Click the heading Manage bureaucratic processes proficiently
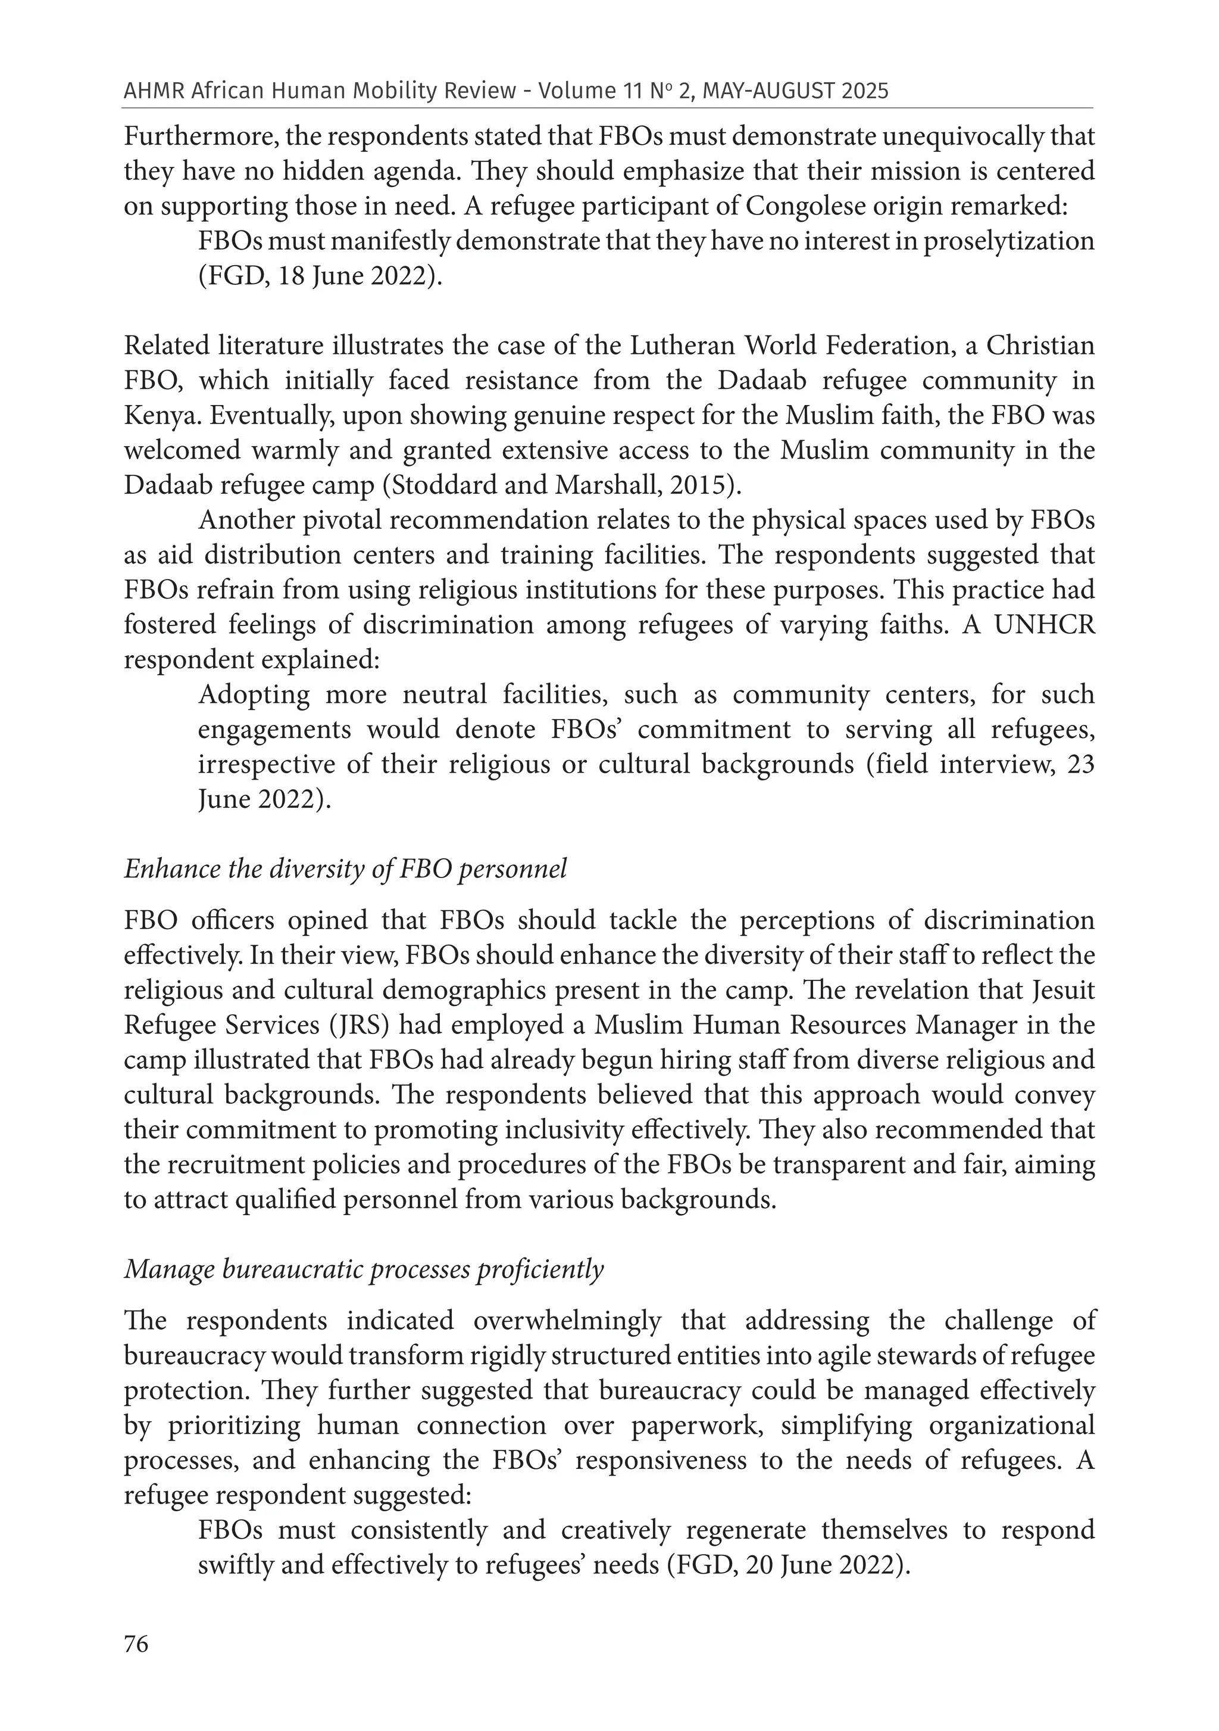[364, 1269]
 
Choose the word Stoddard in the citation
[439, 485]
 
